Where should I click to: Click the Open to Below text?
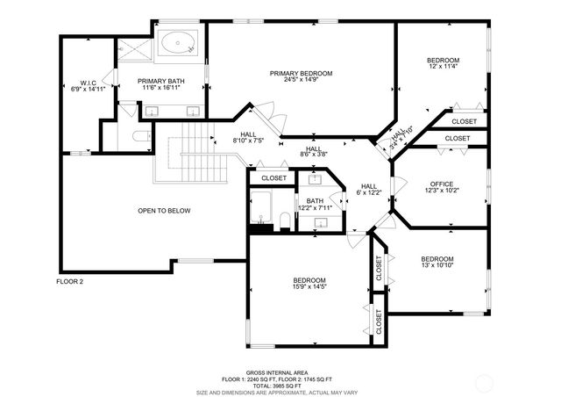[x=164, y=211]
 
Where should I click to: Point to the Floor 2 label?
[x=69, y=282]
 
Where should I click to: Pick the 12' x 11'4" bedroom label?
[x=444, y=63]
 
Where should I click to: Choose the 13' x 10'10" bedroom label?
[x=437, y=262]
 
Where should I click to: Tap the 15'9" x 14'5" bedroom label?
[x=309, y=283]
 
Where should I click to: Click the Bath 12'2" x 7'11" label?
[x=315, y=205]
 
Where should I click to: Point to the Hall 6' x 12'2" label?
[x=369, y=190]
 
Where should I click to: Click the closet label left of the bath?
[x=273, y=177]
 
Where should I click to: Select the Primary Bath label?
[x=161, y=84]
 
